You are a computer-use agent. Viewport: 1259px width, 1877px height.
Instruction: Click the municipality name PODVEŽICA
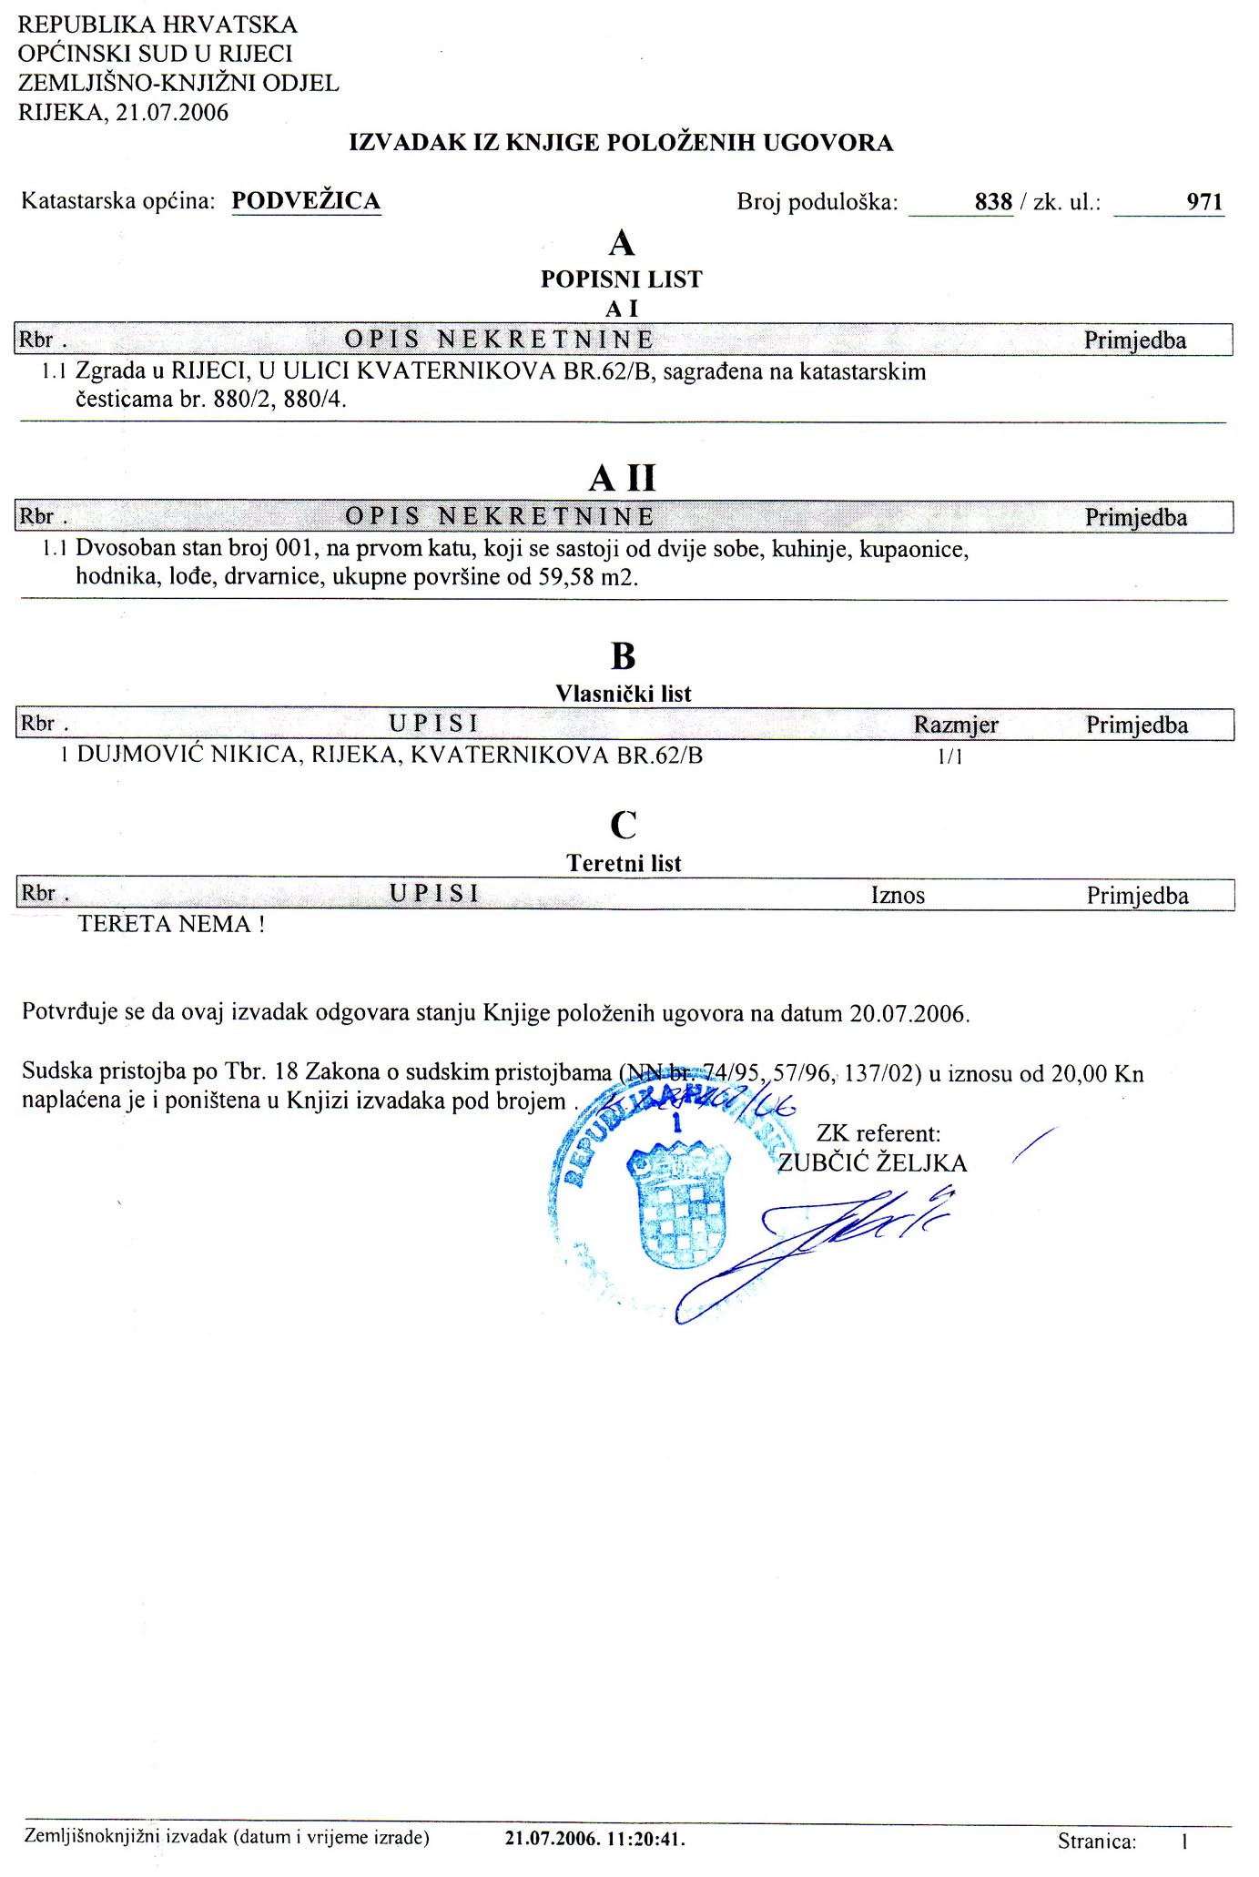(x=306, y=201)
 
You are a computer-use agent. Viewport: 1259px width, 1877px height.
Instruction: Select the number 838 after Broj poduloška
(x=993, y=202)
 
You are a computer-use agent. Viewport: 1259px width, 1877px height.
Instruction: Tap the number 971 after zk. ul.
(x=1204, y=202)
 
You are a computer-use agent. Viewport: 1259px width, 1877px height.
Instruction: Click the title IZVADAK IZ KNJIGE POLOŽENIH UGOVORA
(x=621, y=143)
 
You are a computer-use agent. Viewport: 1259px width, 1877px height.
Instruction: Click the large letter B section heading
(x=623, y=656)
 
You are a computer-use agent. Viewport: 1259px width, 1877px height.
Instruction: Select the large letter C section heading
(x=623, y=826)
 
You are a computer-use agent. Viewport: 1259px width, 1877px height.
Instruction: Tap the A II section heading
(x=623, y=478)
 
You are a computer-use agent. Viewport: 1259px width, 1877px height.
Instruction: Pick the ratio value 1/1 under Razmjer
(x=949, y=756)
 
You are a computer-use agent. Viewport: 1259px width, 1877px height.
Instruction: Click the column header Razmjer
(x=956, y=725)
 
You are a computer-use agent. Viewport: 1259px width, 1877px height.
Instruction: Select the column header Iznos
(x=898, y=896)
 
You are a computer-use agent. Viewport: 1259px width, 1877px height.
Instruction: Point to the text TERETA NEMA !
(x=171, y=925)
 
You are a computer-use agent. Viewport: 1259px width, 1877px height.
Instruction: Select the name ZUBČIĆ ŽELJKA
(x=872, y=1163)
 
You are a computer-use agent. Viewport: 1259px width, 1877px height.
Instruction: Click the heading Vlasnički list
(x=624, y=694)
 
